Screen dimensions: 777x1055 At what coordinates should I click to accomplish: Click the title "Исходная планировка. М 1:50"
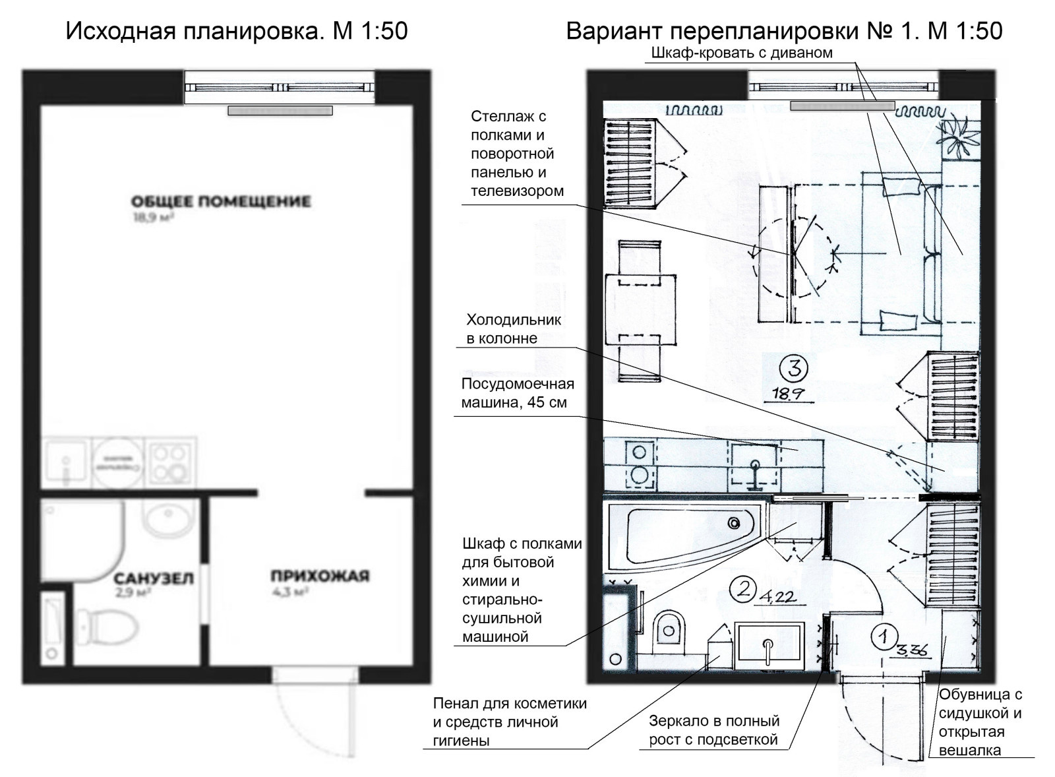pos(237,31)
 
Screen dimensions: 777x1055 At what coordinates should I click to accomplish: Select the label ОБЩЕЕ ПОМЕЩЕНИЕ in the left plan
pos(220,201)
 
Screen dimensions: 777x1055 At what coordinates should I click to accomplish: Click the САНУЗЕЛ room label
pos(154,578)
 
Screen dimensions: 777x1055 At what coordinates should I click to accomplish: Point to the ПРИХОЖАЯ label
pos(320,576)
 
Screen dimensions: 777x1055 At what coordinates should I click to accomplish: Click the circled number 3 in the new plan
pos(794,368)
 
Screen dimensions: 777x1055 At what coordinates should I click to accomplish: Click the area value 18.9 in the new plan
pos(785,394)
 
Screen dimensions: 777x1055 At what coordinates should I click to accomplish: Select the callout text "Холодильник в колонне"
pos(514,329)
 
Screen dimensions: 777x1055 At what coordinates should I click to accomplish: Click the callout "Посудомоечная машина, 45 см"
pos(517,393)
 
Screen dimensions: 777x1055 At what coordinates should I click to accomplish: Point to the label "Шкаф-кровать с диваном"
pos(741,53)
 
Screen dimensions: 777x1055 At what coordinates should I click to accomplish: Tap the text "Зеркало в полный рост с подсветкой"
pos(713,730)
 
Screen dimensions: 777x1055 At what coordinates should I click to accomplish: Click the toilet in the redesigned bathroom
pos(670,630)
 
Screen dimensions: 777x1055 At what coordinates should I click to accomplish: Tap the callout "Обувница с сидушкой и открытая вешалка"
pos(980,722)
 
